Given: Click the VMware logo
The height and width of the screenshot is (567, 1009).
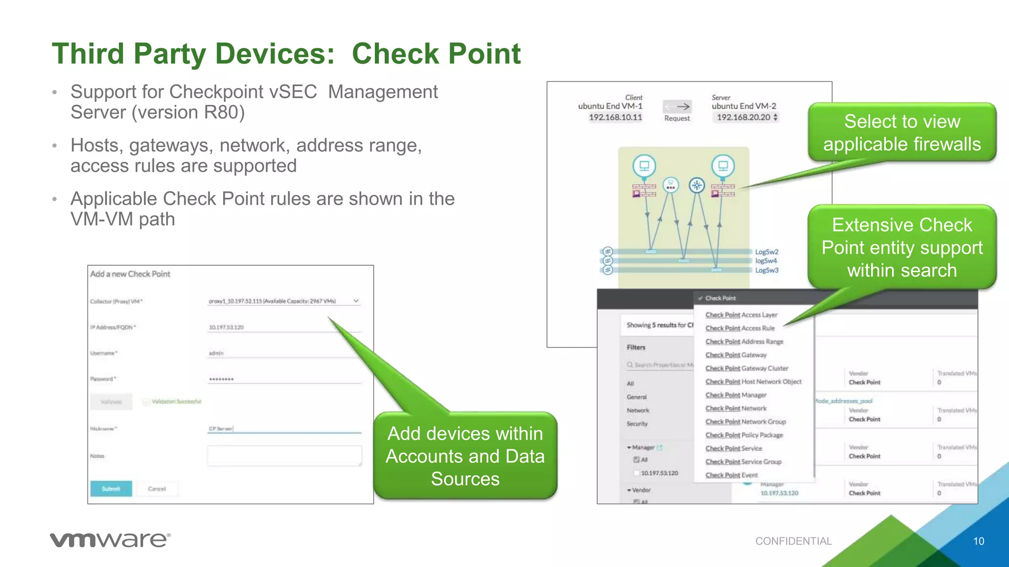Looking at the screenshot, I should [110, 539].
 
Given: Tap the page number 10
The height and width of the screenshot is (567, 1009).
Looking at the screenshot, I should [978, 541].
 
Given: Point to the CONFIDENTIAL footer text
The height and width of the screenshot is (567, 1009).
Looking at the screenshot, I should [793, 541].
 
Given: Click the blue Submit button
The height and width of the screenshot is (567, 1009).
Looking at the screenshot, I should [111, 489].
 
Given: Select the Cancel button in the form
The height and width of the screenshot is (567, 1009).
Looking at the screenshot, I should [157, 489].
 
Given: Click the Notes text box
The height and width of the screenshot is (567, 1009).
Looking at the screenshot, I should [284, 456].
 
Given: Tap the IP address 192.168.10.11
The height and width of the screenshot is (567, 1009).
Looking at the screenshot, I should [615, 117].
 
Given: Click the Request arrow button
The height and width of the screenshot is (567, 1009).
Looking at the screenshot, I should [677, 106].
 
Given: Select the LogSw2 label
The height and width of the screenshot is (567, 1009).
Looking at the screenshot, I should [767, 252].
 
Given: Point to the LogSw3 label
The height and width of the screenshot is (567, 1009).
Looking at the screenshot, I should [767, 270].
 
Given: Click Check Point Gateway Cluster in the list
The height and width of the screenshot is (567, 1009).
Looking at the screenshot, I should [746, 368].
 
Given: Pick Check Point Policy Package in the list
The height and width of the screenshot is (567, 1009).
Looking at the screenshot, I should [744, 435].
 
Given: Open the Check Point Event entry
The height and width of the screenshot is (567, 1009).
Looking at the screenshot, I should [731, 475].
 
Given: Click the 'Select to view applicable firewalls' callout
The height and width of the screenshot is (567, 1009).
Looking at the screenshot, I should [902, 132].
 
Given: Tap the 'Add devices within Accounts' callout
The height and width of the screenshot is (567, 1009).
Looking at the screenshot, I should [465, 456].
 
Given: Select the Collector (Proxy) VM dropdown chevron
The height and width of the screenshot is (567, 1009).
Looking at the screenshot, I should [356, 301].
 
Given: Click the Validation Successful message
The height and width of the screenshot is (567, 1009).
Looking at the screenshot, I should [176, 402].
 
